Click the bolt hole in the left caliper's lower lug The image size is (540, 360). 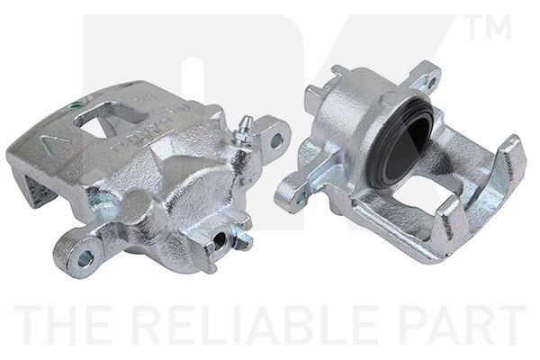coord(85,258)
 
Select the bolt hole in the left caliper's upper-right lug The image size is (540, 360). coord(275,140)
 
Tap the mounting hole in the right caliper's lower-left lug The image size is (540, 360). coord(302,194)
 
